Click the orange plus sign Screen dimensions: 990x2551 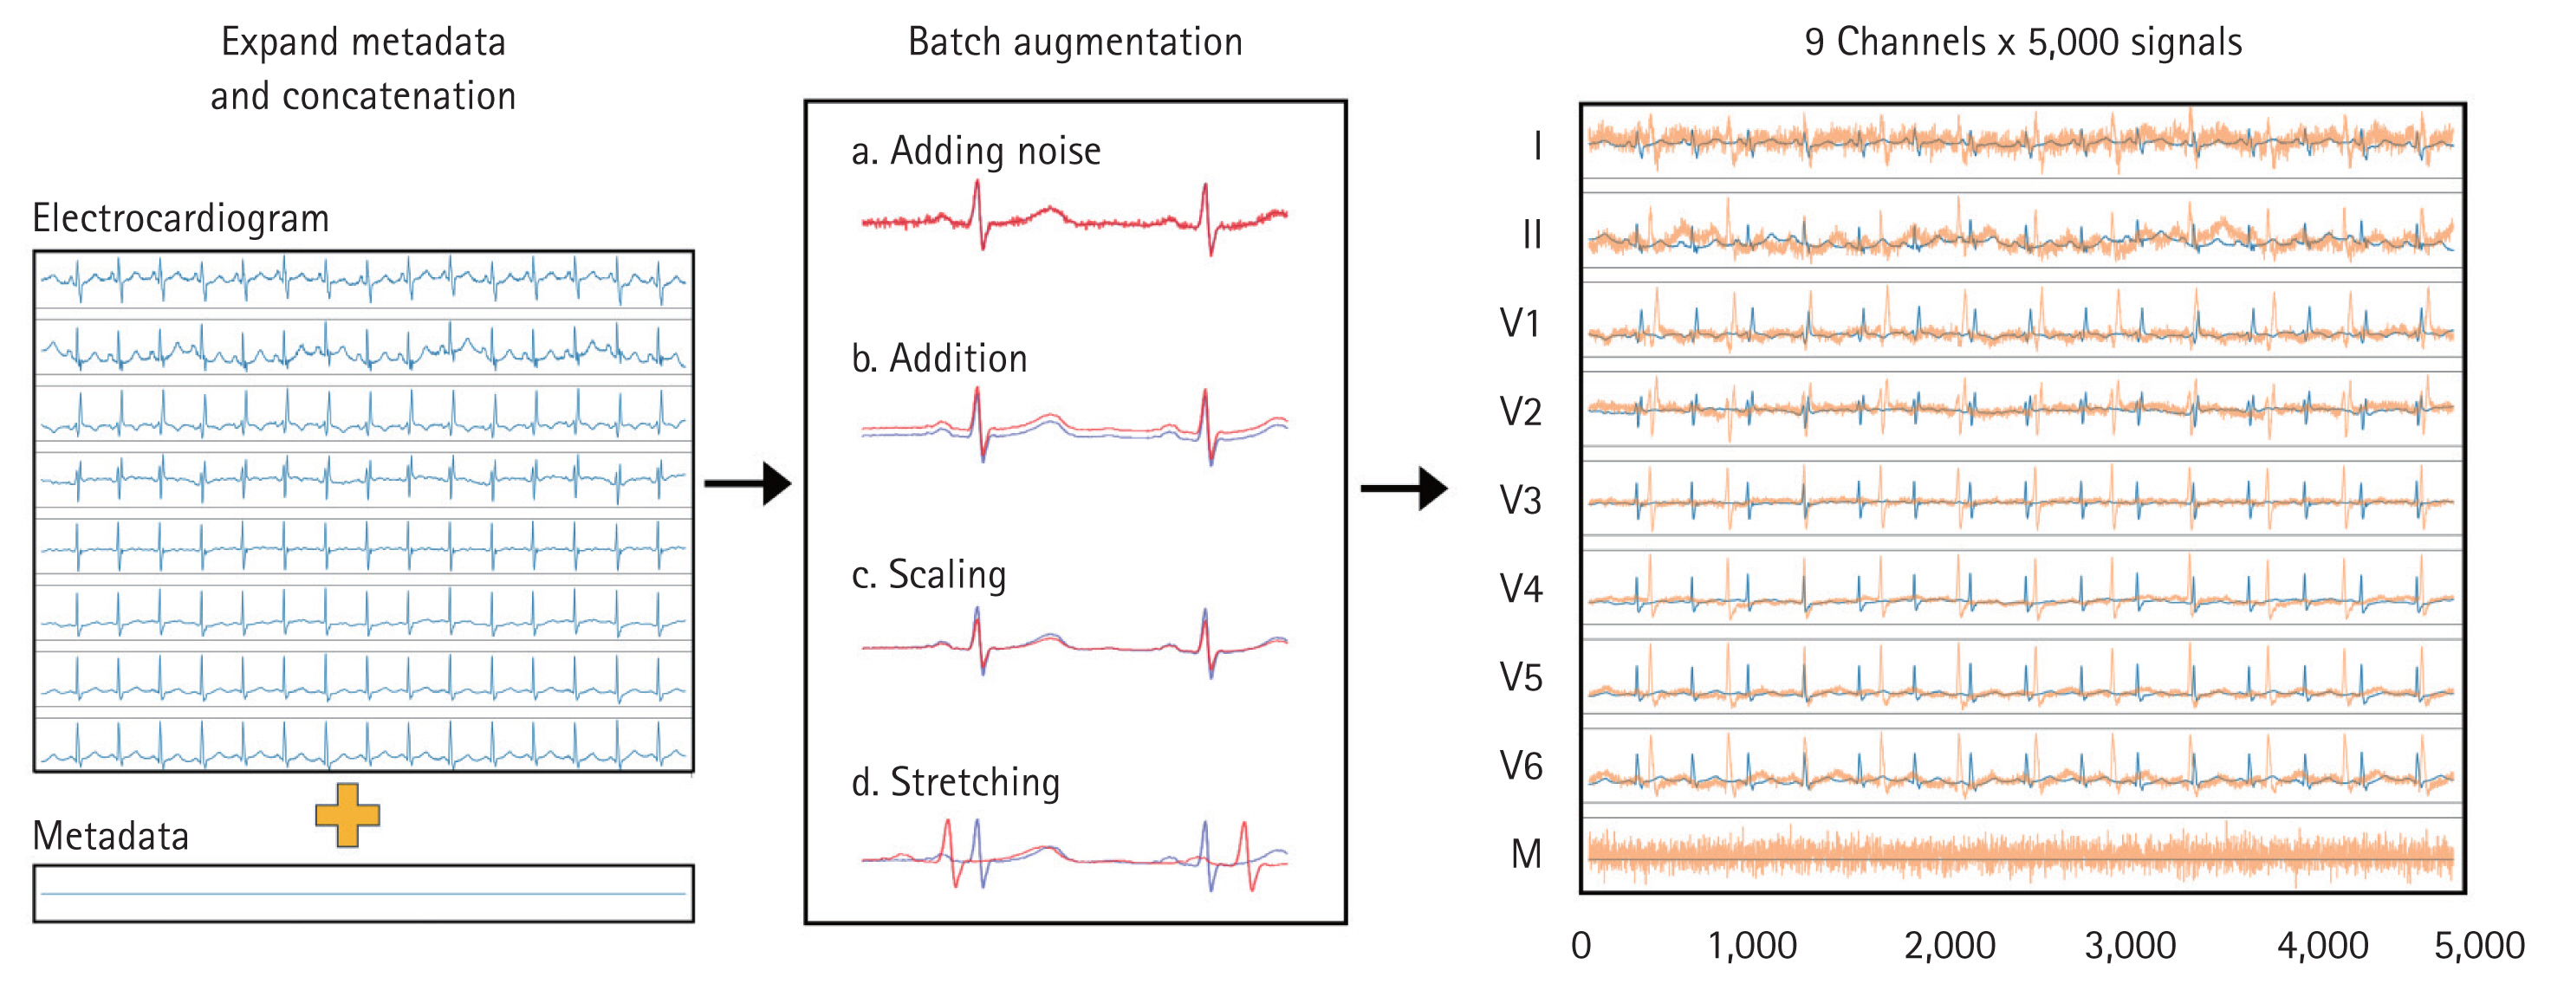[x=347, y=815]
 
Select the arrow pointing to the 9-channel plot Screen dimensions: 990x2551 [x=1405, y=488]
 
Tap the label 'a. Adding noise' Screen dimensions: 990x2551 [x=976, y=152]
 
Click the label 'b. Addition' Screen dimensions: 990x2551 [x=938, y=359]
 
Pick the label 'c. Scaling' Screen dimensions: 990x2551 [x=928, y=575]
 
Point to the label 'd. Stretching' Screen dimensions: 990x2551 [x=955, y=782]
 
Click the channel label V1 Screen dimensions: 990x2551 [x=1519, y=324]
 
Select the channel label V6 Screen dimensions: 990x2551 [x=1520, y=767]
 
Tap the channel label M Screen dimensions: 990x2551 [x=1526, y=854]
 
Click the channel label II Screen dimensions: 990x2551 [x=1531, y=236]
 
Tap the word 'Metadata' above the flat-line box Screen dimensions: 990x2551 [x=110, y=837]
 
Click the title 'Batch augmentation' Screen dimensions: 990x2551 [x=1074, y=42]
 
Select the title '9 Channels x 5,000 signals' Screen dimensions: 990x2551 [x=2022, y=42]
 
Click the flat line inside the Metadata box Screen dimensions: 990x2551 [x=363, y=894]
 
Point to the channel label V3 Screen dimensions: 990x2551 [x=1520, y=501]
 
